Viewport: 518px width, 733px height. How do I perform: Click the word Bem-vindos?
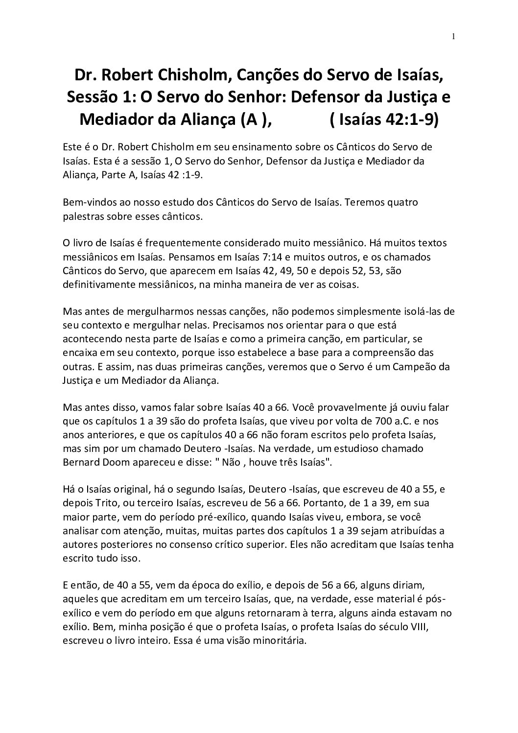[x=87, y=202]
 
